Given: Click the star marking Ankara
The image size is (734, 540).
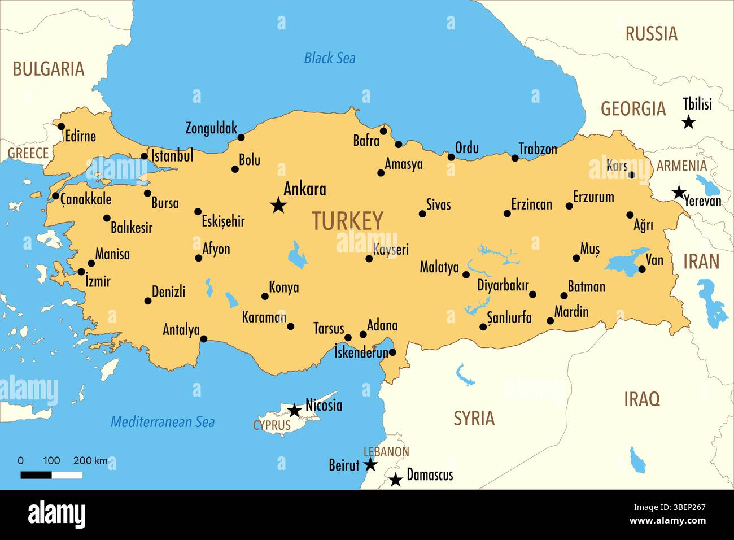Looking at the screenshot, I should click(278, 205).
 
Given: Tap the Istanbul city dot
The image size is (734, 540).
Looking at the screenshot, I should click(145, 156).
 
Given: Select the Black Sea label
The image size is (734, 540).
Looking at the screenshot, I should click(330, 58).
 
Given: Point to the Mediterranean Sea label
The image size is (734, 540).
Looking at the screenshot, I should click(163, 421).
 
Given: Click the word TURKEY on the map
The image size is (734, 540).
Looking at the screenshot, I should click(347, 221).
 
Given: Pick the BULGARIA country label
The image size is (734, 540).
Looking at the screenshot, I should click(49, 69).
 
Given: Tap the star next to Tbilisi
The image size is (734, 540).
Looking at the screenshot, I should click(688, 121).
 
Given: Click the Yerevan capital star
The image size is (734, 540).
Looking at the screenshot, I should click(679, 192).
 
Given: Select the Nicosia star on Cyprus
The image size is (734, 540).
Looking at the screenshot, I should click(295, 410).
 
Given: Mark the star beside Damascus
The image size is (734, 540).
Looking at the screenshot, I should click(396, 480).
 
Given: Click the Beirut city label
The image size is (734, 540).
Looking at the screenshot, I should click(344, 465).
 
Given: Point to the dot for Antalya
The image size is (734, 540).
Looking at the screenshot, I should click(204, 339).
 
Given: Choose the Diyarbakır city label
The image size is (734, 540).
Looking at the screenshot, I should click(503, 285).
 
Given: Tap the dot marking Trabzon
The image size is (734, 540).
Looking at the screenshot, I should click(515, 158).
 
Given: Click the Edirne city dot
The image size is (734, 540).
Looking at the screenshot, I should click(62, 126).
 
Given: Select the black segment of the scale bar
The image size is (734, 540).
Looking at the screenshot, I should click(36, 475).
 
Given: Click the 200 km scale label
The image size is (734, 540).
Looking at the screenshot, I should click(90, 460).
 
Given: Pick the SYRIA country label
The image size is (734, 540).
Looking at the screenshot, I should click(474, 418).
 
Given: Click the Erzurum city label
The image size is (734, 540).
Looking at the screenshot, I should click(593, 197).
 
